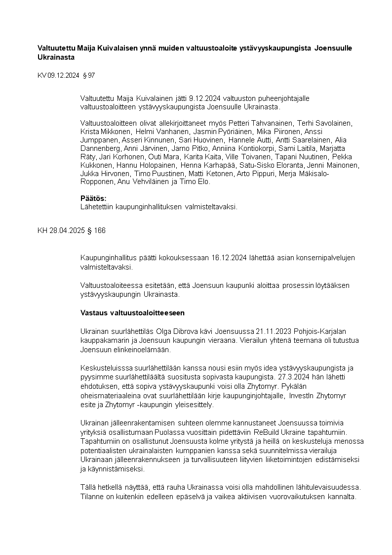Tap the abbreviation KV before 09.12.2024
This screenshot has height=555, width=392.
point(42,76)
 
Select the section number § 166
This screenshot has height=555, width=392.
point(96,231)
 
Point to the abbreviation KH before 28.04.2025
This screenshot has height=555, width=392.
point(42,231)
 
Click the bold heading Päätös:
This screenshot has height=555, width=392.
point(93,198)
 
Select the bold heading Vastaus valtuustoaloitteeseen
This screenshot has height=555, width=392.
point(132,313)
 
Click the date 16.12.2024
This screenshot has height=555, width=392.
point(229,258)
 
